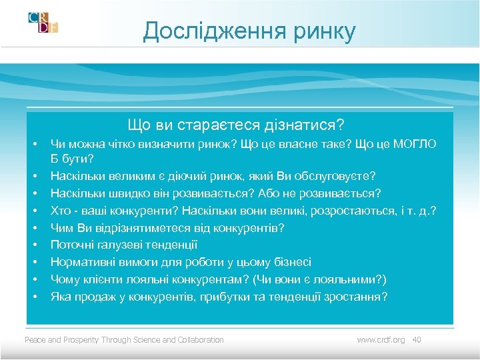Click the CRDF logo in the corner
[x=43, y=23]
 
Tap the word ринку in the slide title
[x=323, y=31]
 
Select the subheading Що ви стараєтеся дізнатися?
[x=237, y=125]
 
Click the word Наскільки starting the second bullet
[x=76, y=176]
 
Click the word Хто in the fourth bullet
[x=61, y=211]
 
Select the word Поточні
[x=72, y=245]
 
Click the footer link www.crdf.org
[x=381, y=340]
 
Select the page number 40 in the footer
[x=417, y=340]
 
